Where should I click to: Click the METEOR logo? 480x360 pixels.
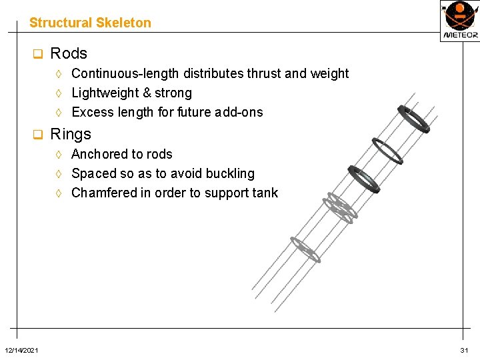(x=459, y=20)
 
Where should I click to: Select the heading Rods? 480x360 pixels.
(x=69, y=53)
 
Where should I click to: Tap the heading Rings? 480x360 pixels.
(x=71, y=134)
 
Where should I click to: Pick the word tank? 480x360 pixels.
(x=265, y=193)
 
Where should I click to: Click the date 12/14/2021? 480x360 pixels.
(x=21, y=351)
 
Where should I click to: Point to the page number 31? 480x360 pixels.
(x=464, y=351)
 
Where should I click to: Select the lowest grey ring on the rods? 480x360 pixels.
(x=305, y=249)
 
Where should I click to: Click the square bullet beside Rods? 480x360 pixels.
(x=38, y=54)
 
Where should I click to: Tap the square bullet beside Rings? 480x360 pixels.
(x=38, y=135)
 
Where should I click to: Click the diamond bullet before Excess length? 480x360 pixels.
(x=59, y=113)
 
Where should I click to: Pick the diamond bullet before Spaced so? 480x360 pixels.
(x=59, y=174)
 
